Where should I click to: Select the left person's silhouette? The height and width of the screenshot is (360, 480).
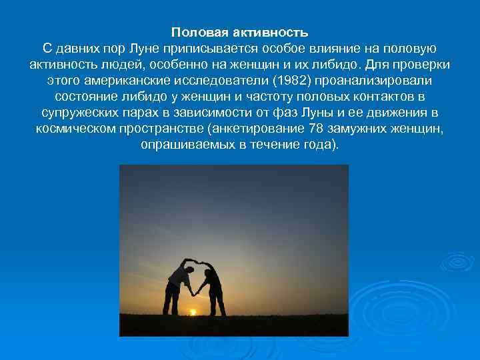tap(175, 283)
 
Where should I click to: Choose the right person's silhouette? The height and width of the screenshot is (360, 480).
tap(214, 287)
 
